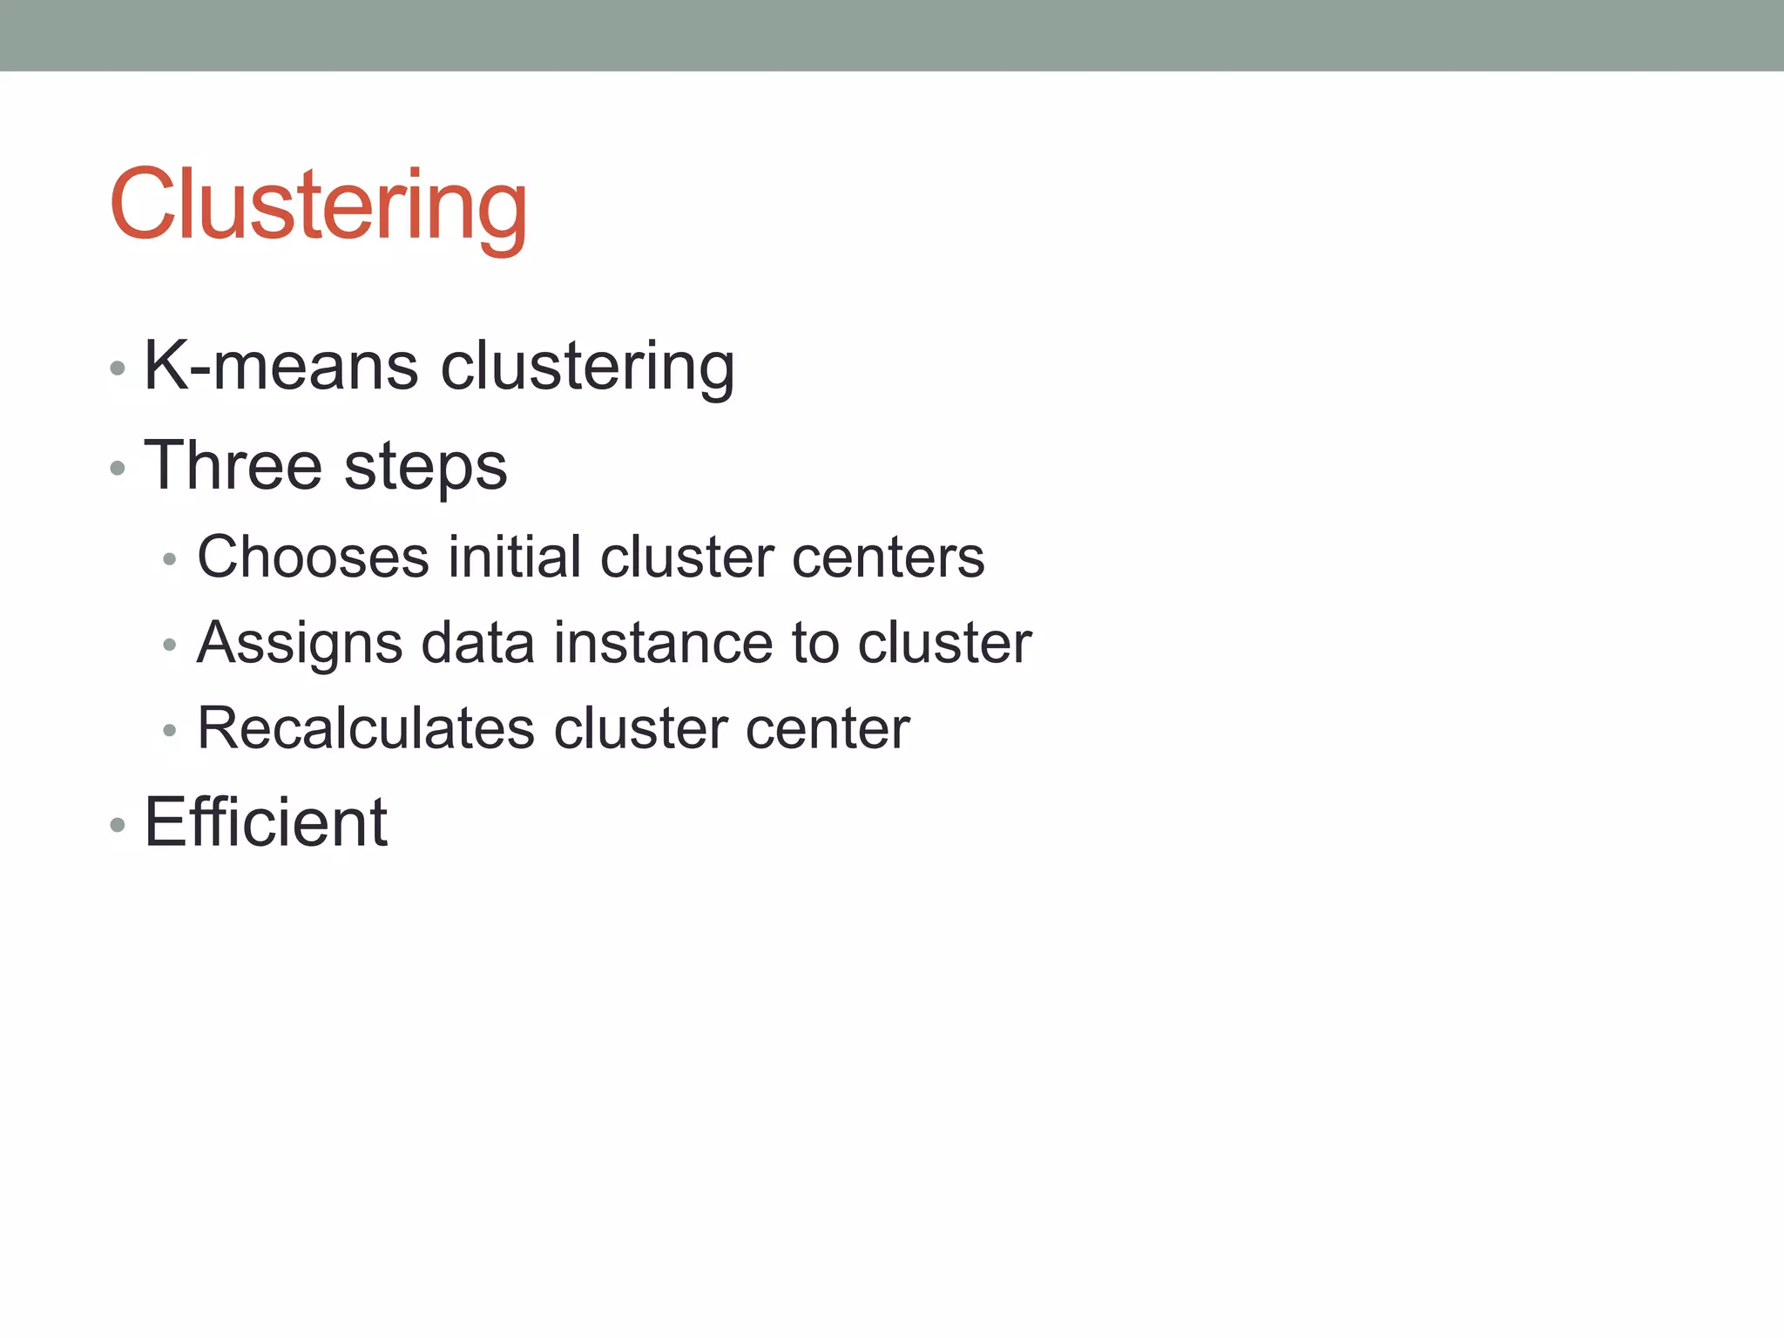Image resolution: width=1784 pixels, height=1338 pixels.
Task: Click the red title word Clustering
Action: click(318, 206)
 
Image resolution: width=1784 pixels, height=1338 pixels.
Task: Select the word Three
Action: click(233, 465)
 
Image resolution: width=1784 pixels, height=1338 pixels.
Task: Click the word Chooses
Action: click(313, 557)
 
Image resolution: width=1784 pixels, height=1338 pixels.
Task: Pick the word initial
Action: click(514, 557)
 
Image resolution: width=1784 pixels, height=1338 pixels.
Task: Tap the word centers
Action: click(888, 558)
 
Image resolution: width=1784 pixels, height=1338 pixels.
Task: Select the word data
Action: click(477, 643)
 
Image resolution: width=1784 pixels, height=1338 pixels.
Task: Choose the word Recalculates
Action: click(366, 728)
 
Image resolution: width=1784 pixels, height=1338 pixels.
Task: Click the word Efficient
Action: click(266, 822)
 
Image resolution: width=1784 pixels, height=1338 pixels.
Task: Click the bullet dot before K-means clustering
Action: click(118, 368)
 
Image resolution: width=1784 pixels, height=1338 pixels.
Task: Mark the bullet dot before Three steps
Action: click(118, 469)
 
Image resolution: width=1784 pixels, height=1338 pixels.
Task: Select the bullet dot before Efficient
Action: click(118, 824)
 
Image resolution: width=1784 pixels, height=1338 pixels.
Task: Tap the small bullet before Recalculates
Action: click(170, 730)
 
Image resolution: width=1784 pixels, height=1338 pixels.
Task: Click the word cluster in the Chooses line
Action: click(686, 557)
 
